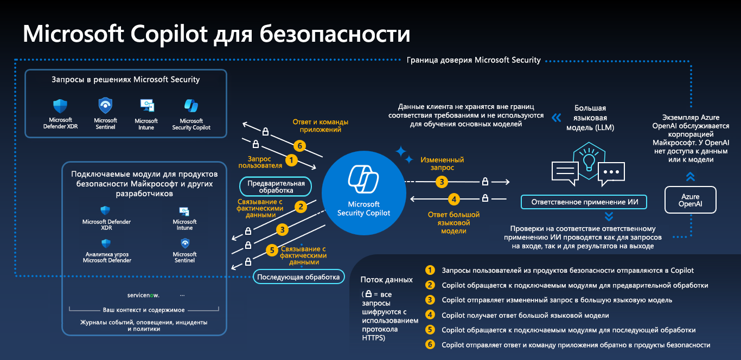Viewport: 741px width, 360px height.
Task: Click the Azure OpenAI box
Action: [x=691, y=200]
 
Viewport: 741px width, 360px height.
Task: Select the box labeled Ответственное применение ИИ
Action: [x=584, y=202]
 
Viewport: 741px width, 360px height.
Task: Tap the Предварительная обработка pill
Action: [x=276, y=187]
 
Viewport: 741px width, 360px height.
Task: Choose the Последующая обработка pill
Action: [x=298, y=277]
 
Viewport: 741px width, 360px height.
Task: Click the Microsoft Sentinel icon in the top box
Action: [x=105, y=106]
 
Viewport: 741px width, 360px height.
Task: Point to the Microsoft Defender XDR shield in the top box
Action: [x=60, y=106]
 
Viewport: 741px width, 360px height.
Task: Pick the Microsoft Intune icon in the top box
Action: [x=147, y=106]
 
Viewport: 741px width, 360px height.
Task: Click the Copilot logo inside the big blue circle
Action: [x=363, y=179]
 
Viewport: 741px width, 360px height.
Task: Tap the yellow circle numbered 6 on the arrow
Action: [x=299, y=146]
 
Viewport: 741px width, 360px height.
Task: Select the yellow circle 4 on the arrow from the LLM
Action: [x=454, y=200]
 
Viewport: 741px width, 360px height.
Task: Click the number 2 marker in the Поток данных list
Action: [x=430, y=285]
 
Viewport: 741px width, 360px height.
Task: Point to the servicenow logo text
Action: [x=143, y=295]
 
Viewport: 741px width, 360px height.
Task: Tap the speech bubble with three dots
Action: [x=611, y=173]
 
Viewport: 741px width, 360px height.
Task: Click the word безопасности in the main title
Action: [x=335, y=34]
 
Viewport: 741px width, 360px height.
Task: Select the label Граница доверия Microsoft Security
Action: [x=474, y=60]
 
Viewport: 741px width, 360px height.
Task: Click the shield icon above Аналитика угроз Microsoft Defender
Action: [x=106, y=243]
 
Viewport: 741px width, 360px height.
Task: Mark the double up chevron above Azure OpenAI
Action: [x=691, y=177]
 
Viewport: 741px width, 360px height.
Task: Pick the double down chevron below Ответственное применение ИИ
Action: [x=609, y=216]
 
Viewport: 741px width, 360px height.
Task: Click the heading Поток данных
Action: [x=386, y=280]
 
